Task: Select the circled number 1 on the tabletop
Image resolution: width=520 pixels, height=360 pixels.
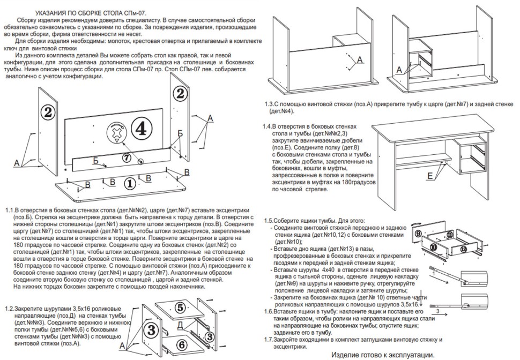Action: [x=129, y=183]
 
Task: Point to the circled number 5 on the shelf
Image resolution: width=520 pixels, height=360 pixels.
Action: [x=180, y=307]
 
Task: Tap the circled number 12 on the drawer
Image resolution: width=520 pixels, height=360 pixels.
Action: [x=463, y=249]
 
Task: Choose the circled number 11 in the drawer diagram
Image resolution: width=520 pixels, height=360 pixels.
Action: [x=449, y=234]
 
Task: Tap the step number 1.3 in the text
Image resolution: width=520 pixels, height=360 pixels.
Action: [x=271, y=104]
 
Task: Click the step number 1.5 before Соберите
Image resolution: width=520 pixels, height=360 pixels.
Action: [x=270, y=221]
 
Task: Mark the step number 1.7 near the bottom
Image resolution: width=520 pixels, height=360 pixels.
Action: [x=270, y=340]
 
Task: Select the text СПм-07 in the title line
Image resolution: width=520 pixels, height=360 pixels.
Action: [x=132, y=11]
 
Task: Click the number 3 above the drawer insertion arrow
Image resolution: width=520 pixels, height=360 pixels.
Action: [x=438, y=310]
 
